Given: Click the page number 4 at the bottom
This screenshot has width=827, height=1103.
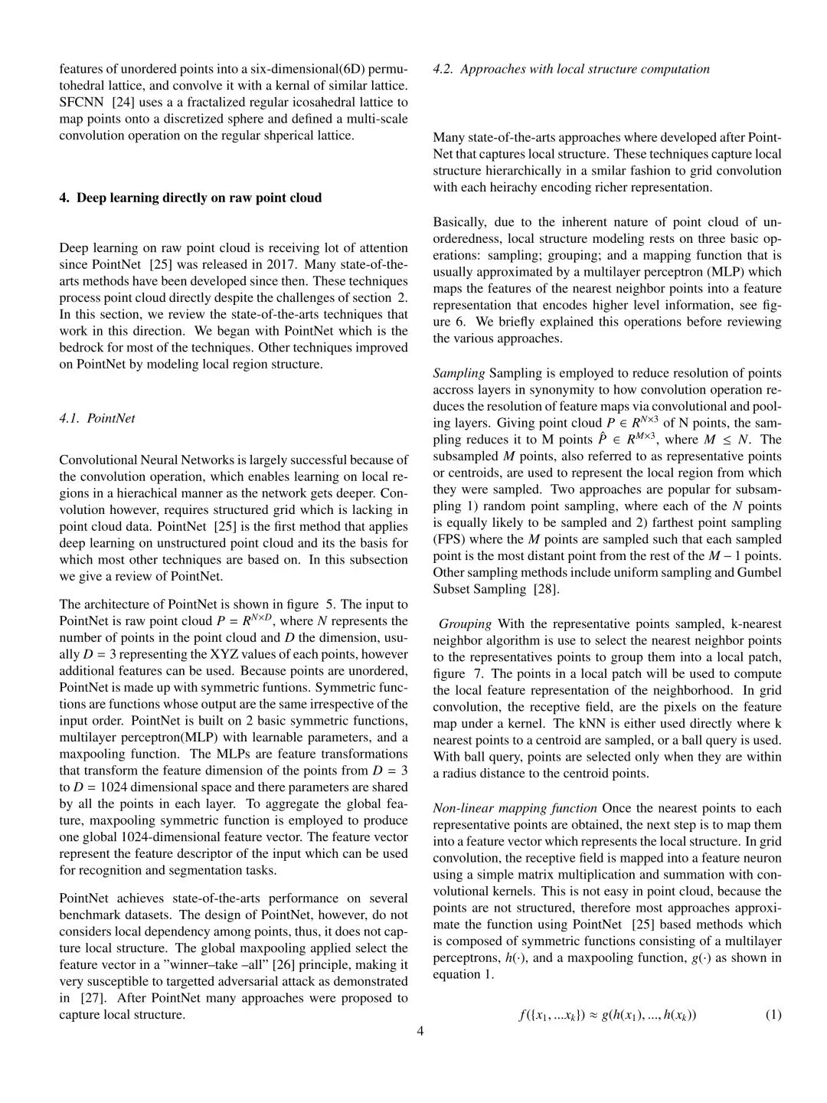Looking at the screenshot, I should [420, 1031].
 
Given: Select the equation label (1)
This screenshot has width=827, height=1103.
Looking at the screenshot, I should [773, 1015].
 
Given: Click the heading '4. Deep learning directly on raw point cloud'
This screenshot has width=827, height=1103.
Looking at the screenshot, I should [191, 198].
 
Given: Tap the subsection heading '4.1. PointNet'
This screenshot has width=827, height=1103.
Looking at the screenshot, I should [97, 418].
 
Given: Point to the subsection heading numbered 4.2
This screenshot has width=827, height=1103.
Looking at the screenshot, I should [571, 69].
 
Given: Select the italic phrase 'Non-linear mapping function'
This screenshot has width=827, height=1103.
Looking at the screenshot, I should [515, 808].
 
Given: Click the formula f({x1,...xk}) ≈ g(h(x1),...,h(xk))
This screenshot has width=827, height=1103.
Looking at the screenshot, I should [607, 1015].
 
